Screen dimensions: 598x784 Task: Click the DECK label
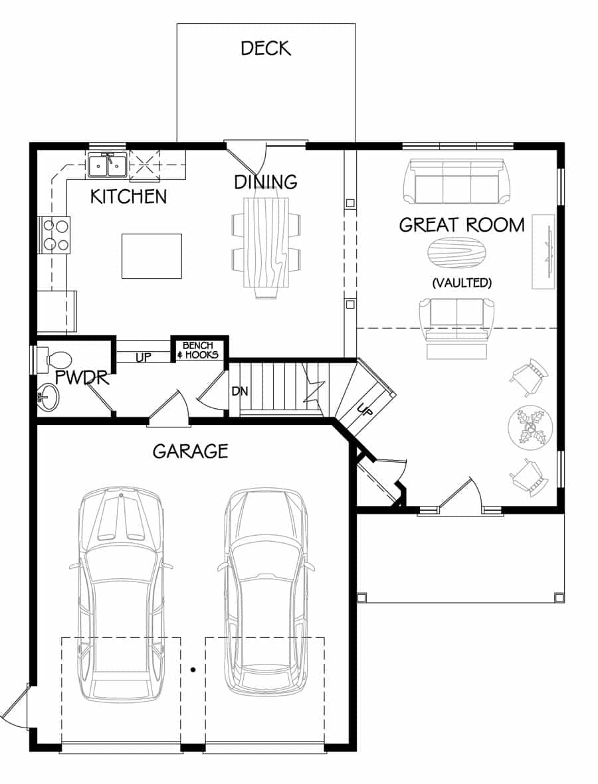pyautogui.click(x=266, y=48)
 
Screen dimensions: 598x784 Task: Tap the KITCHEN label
pyautogui.click(x=129, y=196)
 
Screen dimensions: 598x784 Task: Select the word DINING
pyautogui.click(x=266, y=181)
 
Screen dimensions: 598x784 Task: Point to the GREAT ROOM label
pyautogui.click(x=462, y=225)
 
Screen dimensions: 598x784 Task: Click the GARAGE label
pyautogui.click(x=191, y=451)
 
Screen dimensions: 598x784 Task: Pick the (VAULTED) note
pyautogui.click(x=462, y=283)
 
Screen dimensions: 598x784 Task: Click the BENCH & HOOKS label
pyautogui.click(x=198, y=350)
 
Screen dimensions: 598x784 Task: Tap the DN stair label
pyautogui.click(x=241, y=391)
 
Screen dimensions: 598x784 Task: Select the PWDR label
pyautogui.click(x=82, y=378)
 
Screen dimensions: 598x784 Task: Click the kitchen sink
pyautogui.click(x=107, y=165)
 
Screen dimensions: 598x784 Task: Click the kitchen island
pyautogui.click(x=151, y=256)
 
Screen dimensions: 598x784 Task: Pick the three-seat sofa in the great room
pyautogui.click(x=457, y=181)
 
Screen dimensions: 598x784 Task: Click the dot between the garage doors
pyautogui.click(x=193, y=670)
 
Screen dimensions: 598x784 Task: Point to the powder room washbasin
pyautogui.click(x=49, y=398)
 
